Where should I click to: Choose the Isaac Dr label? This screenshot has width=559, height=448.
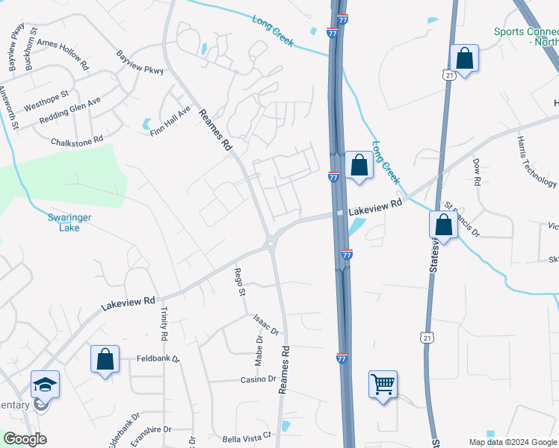(265, 324)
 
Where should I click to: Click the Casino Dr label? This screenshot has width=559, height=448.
(258, 379)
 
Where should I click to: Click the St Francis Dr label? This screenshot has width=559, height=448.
(460, 217)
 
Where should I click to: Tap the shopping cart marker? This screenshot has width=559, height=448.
(383, 385)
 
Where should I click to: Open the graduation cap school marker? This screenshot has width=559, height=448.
(45, 385)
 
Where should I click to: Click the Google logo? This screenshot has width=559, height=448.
(25, 439)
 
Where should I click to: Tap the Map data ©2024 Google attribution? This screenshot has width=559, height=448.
(512, 442)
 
